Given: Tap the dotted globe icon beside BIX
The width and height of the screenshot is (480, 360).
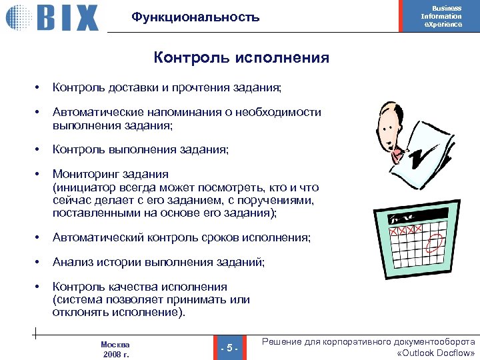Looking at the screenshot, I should click(x=19, y=17).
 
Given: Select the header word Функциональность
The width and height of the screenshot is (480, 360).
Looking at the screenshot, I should click(x=195, y=17).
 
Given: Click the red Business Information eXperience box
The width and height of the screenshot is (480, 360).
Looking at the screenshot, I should click(x=441, y=16).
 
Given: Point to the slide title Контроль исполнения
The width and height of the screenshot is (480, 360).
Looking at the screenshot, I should click(x=241, y=58).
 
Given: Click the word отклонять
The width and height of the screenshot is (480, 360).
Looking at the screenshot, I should click(x=80, y=312).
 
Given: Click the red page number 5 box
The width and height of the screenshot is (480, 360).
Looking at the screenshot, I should click(x=229, y=347).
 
